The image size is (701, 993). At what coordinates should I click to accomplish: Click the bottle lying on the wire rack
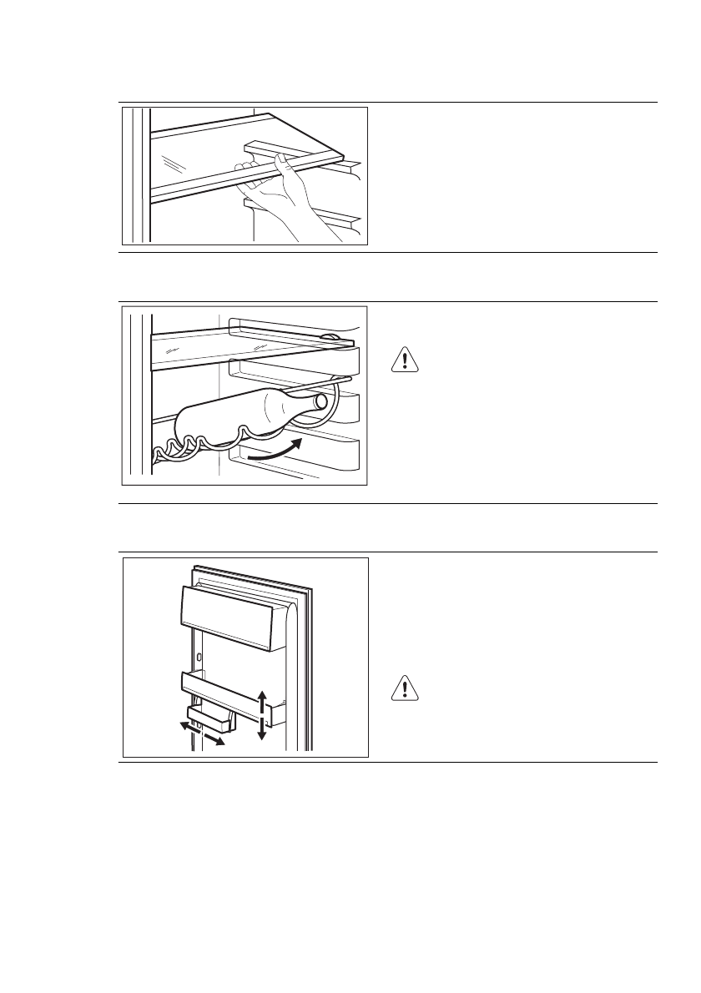(242, 413)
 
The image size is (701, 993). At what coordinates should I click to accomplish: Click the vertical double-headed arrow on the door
(262, 714)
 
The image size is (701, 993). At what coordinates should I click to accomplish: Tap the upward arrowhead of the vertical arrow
(262, 694)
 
